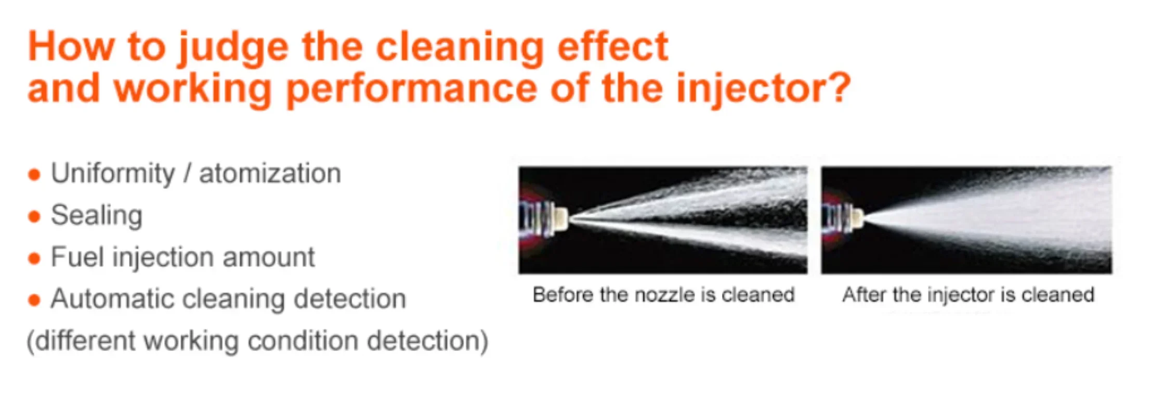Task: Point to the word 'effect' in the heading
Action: point(612,47)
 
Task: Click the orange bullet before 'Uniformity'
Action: point(34,175)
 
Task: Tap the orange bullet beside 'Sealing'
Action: point(34,216)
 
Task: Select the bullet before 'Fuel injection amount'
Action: point(34,258)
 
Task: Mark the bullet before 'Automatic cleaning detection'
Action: point(34,300)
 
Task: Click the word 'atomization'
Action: point(270,173)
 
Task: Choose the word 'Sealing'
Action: point(97,216)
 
